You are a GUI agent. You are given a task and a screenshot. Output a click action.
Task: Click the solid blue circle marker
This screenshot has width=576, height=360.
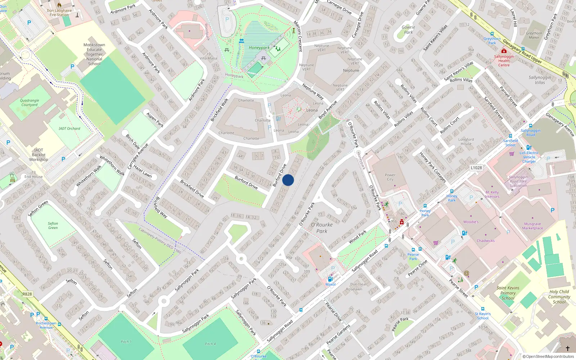pyautogui.click(x=288, y=180)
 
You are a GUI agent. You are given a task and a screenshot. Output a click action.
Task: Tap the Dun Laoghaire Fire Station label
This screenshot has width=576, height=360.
pyautogui.click(x=59, y=13)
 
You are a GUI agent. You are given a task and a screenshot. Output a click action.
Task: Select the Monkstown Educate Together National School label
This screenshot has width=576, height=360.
pyautogui.click(x=94, y=54)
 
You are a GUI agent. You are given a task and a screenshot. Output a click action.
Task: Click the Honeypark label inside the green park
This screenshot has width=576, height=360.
pyautogui.click(x=259, y=48)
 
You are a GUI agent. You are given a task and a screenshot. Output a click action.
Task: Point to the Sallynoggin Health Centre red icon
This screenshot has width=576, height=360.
pyautogui.click(x=504, y=51)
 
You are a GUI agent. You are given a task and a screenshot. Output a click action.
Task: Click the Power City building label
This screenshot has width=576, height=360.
pyautogui.click(x=390, y=177)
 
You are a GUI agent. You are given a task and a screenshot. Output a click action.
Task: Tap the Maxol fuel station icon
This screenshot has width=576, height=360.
pyautogui.click(x=330, y=279)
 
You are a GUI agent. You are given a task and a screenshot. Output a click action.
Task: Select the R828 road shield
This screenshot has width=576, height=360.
pyautogui.click(x=27, y=294)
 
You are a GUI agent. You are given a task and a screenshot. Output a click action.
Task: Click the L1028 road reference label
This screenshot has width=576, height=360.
pyautogui.click(x=476, y=168)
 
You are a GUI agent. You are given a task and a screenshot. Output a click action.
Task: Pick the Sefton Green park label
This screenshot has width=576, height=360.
pyautogui.click(x=53, y=225)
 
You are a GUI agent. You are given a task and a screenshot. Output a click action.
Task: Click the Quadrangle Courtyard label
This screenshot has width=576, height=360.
pyautogui.click(x=30, y=103)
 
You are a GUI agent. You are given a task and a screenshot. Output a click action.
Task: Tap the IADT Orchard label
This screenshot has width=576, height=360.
pyautogui.click(x=69, y=128)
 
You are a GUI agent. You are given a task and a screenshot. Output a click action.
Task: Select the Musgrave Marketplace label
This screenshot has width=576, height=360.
pyautogui.click(x=532, y=226)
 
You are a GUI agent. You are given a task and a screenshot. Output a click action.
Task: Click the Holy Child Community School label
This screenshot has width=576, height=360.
pyautogui.click(x=559, y=297)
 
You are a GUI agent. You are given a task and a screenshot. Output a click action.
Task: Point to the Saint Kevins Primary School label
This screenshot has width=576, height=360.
pyautogui.click(x=508, y=293)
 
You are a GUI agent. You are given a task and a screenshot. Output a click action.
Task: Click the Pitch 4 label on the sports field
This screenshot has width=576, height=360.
pyautogui.click(x=210, y=344)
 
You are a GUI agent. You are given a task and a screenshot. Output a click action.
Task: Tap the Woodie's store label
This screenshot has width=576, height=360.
pyautogui.click(x=471, y=222)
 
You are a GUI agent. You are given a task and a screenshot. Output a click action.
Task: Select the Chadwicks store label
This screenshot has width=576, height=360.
pyautogui.click(x=486, y=240)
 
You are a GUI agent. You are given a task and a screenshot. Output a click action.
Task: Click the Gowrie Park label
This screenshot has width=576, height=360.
pyautogui.click(x=408, y=30)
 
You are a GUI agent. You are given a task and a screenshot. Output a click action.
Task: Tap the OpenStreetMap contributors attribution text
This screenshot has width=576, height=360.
pyautogui.click(x=548, y=356)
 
